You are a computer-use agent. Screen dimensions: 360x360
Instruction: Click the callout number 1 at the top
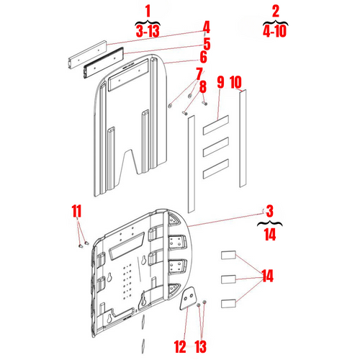tap(148, 12)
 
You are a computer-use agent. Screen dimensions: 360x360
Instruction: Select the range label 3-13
tap(148, 31)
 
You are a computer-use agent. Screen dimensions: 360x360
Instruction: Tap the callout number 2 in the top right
tap(274, 12)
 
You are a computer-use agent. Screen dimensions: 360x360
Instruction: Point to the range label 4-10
tap(274, 31)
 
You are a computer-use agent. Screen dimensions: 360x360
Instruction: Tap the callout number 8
tap(203, 87)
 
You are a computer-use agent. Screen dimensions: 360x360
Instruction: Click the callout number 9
tap(220, 82)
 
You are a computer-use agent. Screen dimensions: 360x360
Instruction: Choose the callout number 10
tap(235, 82)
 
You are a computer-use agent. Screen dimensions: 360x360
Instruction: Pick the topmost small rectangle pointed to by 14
tap(228, 254)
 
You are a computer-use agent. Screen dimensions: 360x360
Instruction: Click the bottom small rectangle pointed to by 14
tap(228, 302)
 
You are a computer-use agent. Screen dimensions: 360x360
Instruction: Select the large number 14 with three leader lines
tap(267, 276)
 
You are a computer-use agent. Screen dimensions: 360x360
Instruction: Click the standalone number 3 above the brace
tap(269, 211)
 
